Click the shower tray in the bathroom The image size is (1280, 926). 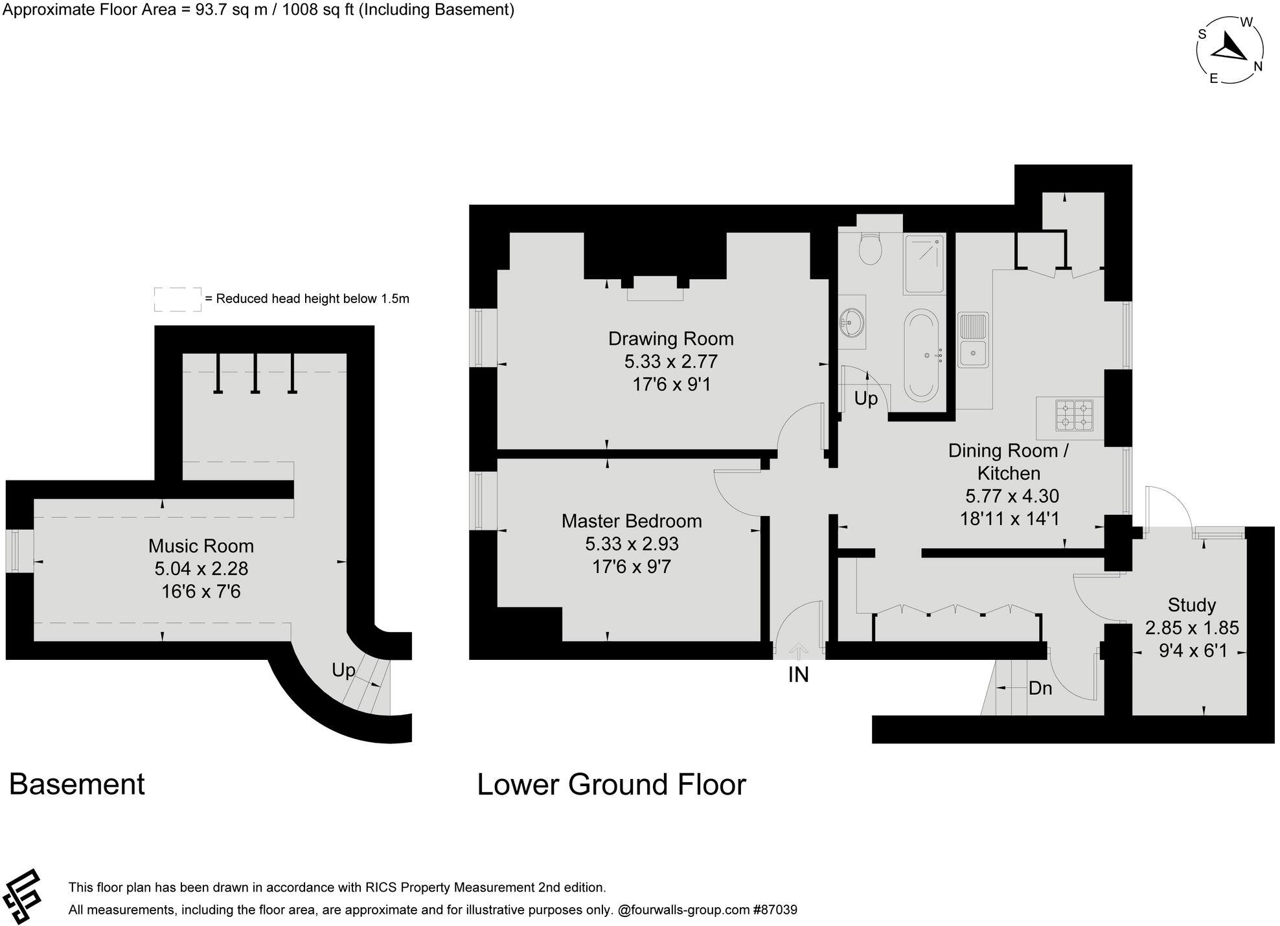click(x=924, y=264)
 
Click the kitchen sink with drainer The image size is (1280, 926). click(x=973, y=340)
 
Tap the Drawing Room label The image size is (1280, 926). click(x=670, y=339)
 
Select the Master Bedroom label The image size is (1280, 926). click(x=631, y=521)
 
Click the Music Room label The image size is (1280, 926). click(x=201, y=546)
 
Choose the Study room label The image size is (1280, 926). click(x=1191, y=605)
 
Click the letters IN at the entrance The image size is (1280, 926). click(x=798, y=675)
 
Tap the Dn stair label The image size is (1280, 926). click(x=1040, y=688)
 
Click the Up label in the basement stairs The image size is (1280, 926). click(x=343, y=670)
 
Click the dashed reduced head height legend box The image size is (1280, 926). click(x=177, y=299)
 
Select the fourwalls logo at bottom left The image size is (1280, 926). click(x=21, y=898)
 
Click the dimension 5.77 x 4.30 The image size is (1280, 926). click(x=1012, y=496)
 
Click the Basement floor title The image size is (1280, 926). click(x=77, y=784)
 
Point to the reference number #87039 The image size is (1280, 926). click(x=775, y=910)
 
